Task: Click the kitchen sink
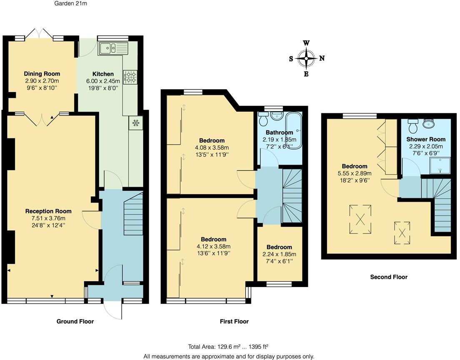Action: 113,49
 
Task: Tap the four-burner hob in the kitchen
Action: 130,77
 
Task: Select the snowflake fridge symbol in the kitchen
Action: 135,122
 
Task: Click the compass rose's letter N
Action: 322,58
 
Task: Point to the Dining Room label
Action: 42,74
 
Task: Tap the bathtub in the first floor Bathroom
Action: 294,131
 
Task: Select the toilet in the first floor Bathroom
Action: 263,118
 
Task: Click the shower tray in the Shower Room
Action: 440,166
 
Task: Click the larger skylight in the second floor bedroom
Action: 360,219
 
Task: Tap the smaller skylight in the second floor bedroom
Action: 402,232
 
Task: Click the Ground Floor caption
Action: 75,321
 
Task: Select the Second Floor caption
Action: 389,277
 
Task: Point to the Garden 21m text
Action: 71,3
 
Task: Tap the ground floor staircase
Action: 133,213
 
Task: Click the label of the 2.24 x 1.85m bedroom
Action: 279,247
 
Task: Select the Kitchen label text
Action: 103,74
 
